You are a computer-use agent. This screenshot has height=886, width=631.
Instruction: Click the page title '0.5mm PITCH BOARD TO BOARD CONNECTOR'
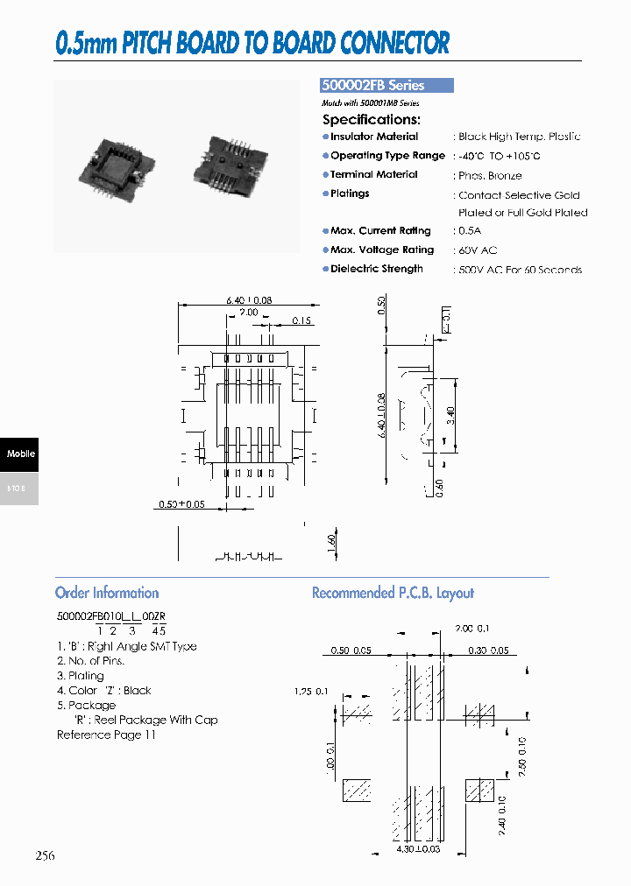tap(252, 43)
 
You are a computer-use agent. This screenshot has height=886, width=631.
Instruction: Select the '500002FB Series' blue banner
tap(386, 86)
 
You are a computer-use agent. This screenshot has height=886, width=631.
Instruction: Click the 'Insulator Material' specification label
tap(373, 137)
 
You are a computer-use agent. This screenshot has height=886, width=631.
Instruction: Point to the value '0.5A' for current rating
tap(471, 231)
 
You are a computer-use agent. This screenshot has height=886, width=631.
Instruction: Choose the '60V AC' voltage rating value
tap(478, 250)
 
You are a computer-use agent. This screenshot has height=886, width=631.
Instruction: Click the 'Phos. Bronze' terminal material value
tap(490, 175)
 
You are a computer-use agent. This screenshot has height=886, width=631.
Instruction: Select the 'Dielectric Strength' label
tap(376, 269)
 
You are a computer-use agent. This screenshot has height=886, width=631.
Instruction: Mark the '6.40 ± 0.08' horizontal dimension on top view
tap(249, 300)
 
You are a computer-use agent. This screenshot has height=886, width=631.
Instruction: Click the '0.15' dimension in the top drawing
tap(301, 320)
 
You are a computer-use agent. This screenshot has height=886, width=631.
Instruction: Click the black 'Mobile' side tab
tap(19, 454)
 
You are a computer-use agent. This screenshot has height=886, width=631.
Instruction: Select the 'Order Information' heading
tap(107, 593)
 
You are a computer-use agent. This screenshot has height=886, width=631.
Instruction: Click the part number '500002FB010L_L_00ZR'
tap(111, 616)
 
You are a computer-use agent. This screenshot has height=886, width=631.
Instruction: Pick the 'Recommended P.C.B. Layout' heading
tap(393, 593)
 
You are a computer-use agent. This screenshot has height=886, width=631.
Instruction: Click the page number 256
tap(45, 855)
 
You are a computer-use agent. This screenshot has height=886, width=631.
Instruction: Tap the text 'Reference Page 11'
tap(106, 735)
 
